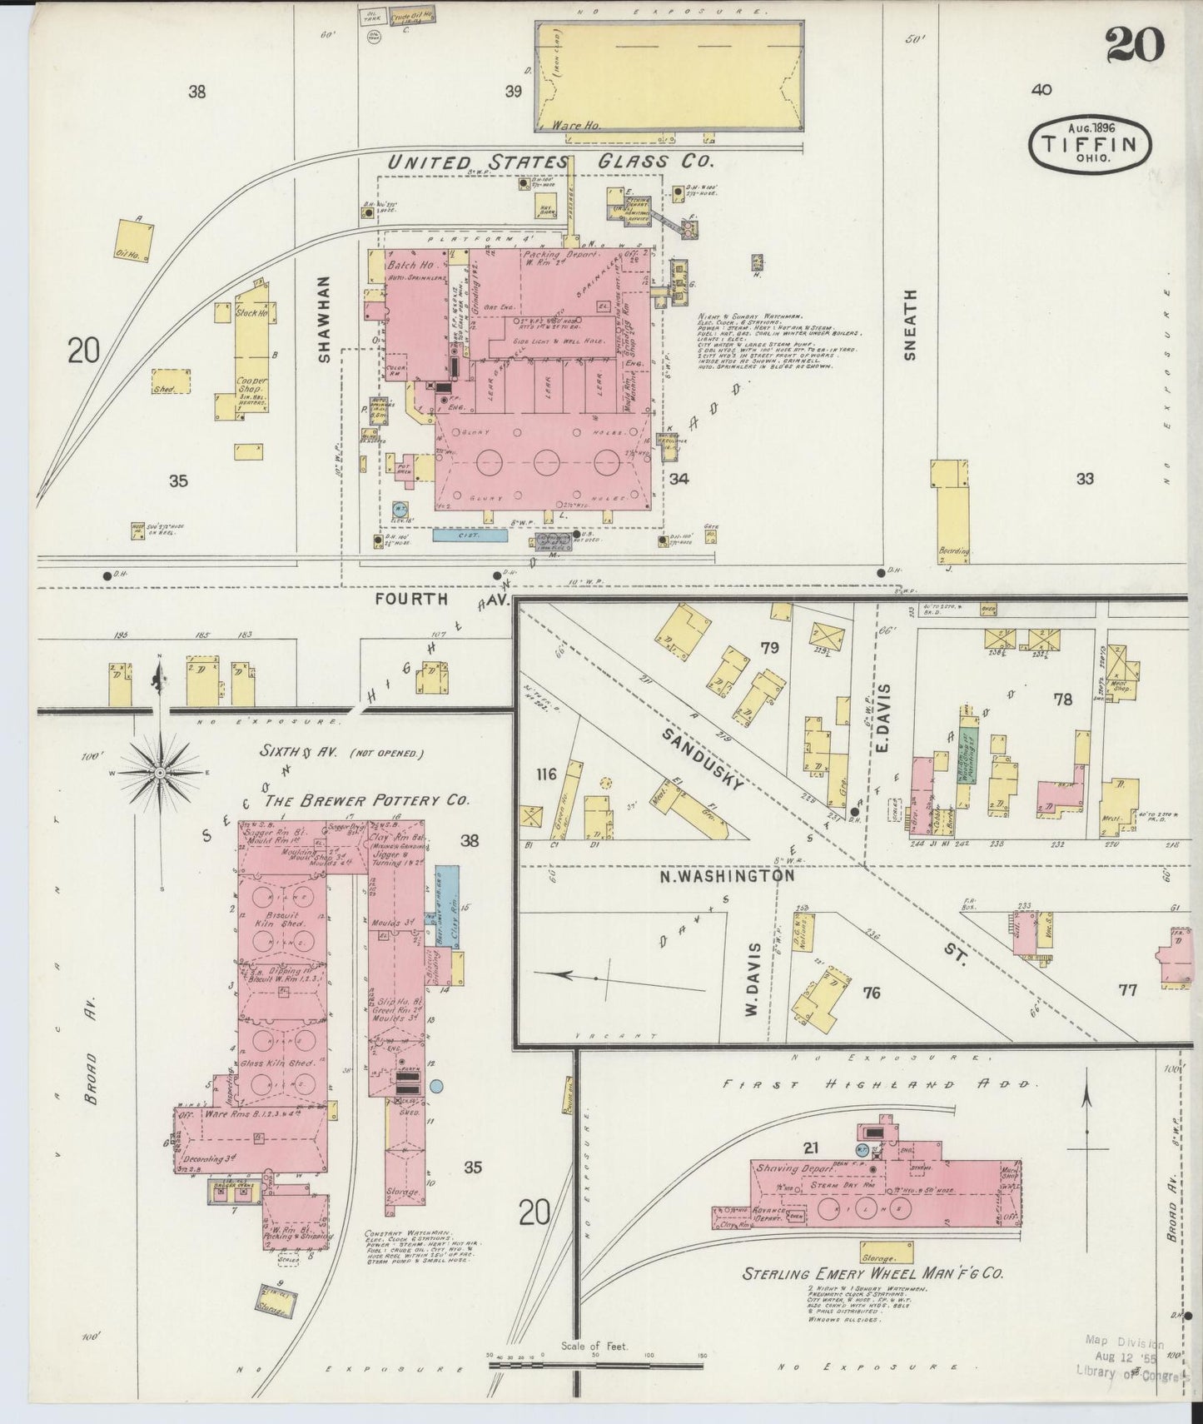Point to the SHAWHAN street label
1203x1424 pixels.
(324, 321)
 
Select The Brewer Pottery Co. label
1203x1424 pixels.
(366, 800)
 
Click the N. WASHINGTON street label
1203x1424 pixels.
(726, 876)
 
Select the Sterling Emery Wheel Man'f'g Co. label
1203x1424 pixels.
(873, 1273)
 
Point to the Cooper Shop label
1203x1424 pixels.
(253, 388)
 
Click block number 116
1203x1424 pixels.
(546, 775)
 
